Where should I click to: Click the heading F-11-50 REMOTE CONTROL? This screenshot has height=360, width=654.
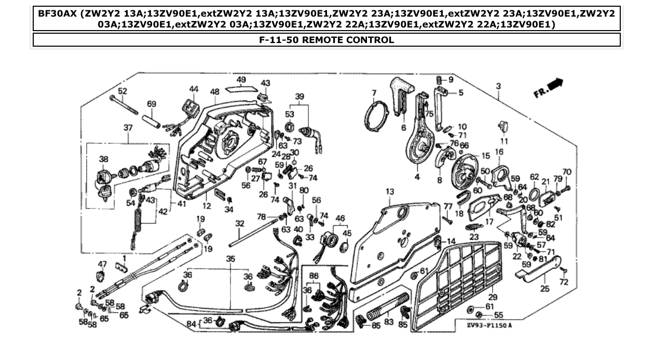(326, 40)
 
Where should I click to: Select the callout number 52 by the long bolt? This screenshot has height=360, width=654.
(122, 91)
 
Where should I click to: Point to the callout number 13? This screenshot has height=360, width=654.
(390, 192)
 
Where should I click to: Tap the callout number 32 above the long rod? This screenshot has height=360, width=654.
(239, 224)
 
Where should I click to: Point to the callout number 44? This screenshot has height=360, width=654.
(194, 89)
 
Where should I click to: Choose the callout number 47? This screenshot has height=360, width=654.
(102, 264)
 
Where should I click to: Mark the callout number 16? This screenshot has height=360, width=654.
(499, 151)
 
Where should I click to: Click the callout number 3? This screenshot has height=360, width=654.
(498, 86)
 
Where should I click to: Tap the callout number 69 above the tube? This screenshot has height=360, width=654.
(151, 104)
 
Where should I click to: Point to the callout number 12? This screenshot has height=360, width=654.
(207, 206)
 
